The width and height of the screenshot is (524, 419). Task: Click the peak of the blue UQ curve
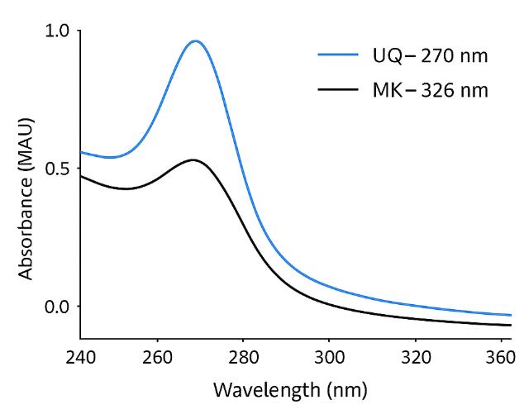tap(196, 40)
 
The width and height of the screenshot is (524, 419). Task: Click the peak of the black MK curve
tap(193, 160)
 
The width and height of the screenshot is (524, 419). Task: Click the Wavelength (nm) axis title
tap(290, 388)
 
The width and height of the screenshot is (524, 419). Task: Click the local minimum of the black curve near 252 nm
tap(126, 188)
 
